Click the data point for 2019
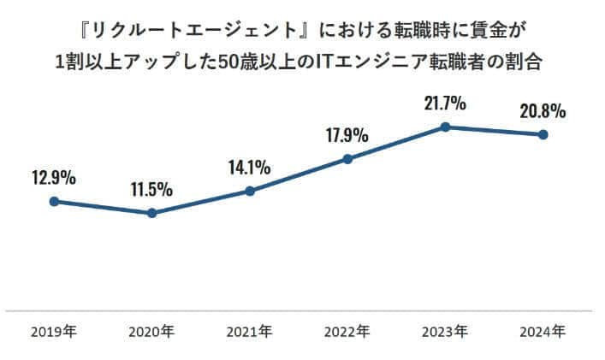54,202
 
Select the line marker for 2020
151,213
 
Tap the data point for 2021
250,191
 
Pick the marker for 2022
347,159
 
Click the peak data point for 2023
445,127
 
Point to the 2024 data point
543,135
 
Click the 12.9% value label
54,179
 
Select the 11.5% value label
151,189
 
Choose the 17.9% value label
347,135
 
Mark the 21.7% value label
445,103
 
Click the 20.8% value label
543,111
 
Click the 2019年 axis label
54,330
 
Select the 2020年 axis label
151,330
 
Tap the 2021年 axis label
250,330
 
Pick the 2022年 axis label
347,330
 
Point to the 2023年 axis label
445,330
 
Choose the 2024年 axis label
543,330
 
